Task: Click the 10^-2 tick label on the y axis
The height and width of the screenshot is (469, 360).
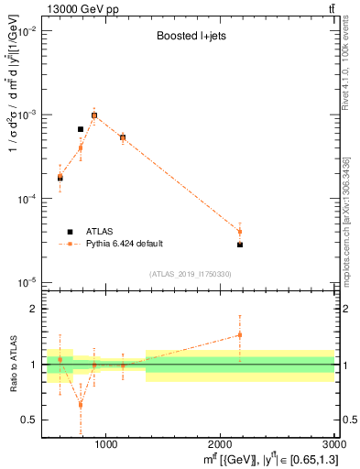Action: click(x=25, y=31)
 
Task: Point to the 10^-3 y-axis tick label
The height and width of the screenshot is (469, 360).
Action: click(x=25, y=115)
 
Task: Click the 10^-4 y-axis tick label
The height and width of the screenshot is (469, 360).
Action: click(x=25, y=199)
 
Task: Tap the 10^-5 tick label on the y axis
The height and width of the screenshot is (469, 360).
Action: click(x=25, y=282)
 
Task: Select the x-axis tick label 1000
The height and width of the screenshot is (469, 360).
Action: click(x=105, y=445)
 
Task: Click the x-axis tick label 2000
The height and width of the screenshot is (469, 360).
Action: click(x=221, y=445)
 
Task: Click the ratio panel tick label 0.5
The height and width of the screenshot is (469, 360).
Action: click(x=28, y=420)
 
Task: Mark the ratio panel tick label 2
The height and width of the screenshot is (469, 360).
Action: click(x=32, y=309)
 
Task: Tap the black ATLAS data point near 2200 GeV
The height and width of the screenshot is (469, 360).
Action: click(x=240, y=245)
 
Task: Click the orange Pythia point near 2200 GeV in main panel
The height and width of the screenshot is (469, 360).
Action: click(x=240, y=231)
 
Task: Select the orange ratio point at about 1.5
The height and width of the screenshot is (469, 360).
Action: click(x=240, y=335)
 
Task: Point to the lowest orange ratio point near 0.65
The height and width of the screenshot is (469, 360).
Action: click(x=81, y=405)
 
